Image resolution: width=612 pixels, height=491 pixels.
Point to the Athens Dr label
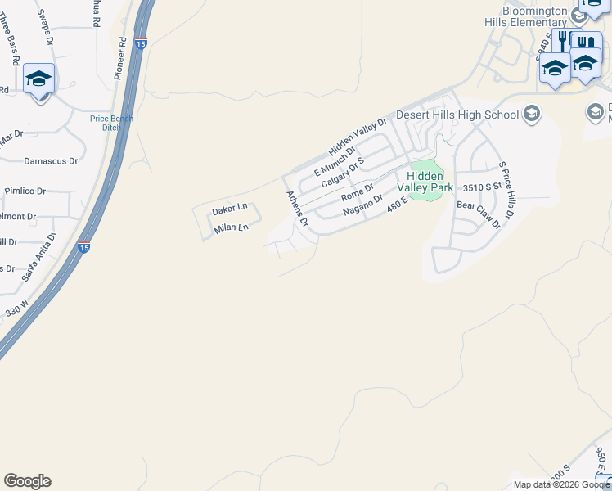tap(296, 208)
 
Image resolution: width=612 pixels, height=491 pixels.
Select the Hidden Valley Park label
tap(425, 182)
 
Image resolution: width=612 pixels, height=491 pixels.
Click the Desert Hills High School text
tap(457, 115)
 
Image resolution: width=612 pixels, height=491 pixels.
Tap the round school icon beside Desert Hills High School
tap(533, 113)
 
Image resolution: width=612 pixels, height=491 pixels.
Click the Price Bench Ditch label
tap(111, 123)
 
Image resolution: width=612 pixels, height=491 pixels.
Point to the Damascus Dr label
tap(51, 161)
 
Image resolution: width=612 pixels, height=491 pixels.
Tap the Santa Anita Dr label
tap(39, 257)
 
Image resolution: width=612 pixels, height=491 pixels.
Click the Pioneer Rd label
tap(122, 51)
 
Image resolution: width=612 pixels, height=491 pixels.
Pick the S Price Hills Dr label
tap(504, 191)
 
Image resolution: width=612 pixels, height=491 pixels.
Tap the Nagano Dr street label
tap(362, 205)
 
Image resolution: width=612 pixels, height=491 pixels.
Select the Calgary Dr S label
tap(342, 173)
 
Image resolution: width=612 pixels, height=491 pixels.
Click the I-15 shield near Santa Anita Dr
tap(83, 246)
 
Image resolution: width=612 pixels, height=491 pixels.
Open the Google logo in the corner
tap(27, 481)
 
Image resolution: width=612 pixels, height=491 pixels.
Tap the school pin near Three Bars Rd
tap(38, 80)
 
